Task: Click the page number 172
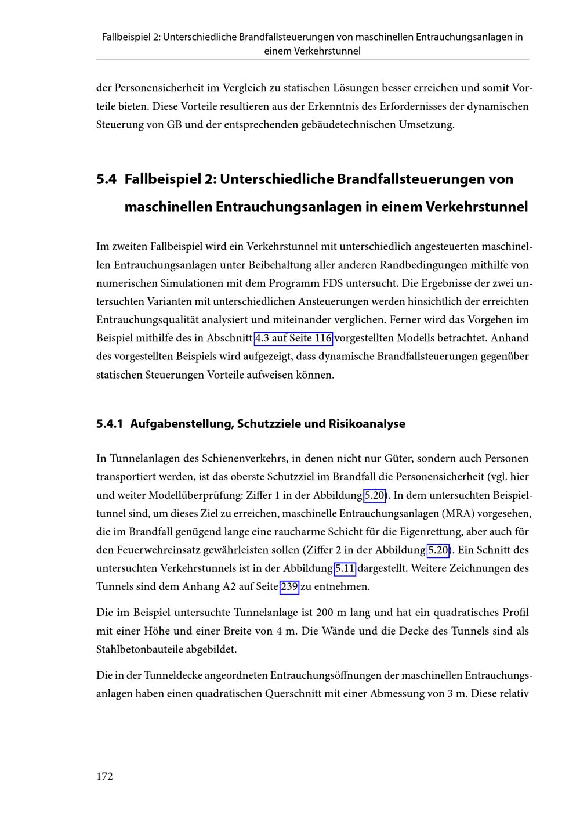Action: pos(104,777)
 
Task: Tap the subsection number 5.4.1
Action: pos(110,424)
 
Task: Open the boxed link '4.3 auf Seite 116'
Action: pos(293,339)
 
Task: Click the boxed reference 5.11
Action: pos(345,568)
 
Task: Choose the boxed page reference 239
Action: pos(289,587)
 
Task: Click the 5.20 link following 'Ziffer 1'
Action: pos(375,496)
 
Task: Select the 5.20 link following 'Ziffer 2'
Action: pos(438,550)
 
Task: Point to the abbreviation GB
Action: pos(174,125)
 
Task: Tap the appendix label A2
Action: pos(229,587)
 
